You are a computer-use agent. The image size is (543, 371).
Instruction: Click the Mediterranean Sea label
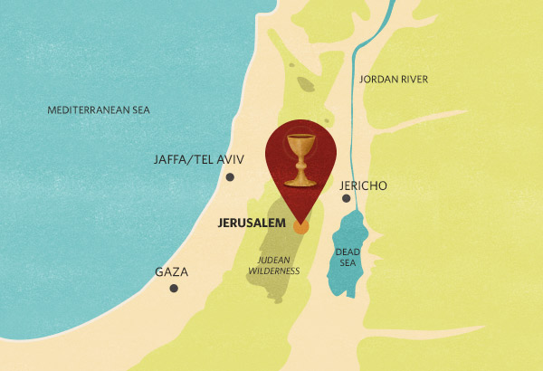(99, 110)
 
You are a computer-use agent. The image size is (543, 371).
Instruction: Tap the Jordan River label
(394, 80)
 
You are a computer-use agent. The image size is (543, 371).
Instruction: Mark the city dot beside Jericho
(345, 198)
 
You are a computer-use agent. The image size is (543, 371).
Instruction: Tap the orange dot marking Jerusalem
(302, 225)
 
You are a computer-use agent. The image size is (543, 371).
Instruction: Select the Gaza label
(171, 271)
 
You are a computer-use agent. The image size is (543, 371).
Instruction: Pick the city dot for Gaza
(174, 289)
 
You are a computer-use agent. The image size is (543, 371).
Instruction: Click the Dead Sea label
(348, 257)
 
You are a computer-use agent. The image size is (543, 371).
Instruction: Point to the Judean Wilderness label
(267, 263)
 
